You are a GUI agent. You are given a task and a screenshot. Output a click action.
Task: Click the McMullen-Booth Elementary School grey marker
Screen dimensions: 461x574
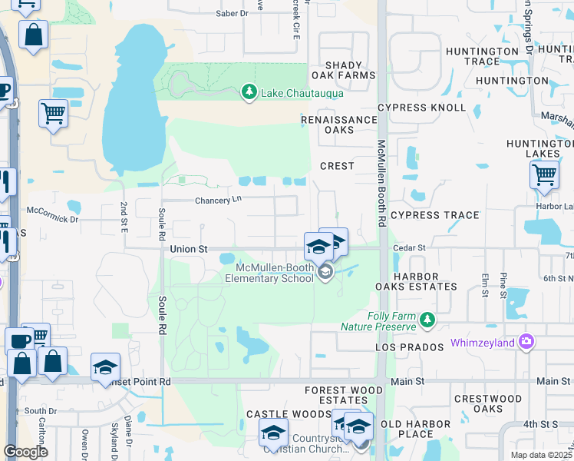coord(326,271)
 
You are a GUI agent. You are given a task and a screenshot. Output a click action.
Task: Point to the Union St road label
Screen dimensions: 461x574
coord(189,249)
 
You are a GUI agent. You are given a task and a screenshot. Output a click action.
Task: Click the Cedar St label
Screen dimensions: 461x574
coord(409,248)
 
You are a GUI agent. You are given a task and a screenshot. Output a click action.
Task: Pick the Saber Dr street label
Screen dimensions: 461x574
coord(233,14)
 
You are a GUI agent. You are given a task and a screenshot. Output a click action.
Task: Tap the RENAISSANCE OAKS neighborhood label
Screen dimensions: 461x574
coord(339,124)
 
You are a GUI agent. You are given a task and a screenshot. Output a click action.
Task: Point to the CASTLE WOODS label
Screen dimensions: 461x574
coord(277,414)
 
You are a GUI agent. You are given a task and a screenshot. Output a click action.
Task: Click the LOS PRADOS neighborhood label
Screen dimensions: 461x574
coord(410,347)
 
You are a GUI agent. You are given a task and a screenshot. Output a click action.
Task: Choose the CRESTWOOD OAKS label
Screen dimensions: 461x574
coord(488,403)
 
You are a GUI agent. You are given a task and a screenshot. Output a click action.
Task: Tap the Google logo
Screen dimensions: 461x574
coord(25,452)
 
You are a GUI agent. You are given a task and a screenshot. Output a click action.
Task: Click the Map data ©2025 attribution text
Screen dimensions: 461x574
coord(541,455)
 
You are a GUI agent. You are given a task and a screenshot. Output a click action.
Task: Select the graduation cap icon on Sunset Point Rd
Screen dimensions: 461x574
coord(106,367)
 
